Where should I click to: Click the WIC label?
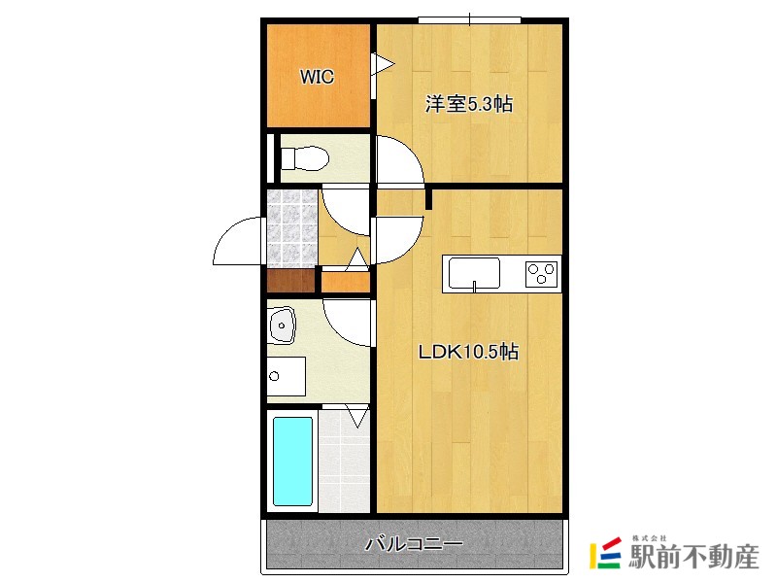click(x=317, y=77)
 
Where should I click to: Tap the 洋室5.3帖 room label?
click(x=468, y=105)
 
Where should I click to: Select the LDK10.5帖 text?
click(x=468, y=353)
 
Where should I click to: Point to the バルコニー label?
click(x=414, y=544)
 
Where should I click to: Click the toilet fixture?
click(x=302, y=158)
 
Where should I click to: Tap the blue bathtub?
click(x=292, y=461)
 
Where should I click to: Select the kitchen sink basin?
click(x=473, y=272)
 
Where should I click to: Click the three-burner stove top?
click(x=542, y=273)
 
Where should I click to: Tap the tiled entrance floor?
click(x=292, y=228)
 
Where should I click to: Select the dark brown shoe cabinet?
click(x=292, y=282)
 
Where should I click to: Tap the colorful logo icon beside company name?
click(x=607, y=555)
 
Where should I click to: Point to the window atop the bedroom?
click(x=470, y=18)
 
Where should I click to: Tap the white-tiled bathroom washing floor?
click(x=345, y=462)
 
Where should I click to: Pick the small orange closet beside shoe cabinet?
click(x=346, y=283)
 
